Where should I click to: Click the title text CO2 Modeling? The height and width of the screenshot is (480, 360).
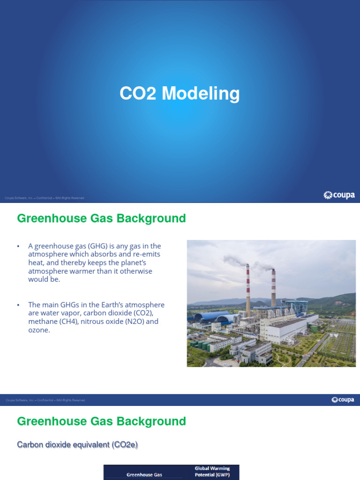coord(180,94)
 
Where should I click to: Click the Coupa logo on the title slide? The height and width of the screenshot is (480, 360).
coord(339,195)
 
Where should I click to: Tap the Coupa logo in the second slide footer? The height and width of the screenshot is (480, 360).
coord(343,400)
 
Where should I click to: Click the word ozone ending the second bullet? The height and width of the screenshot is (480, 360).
coord(38,330)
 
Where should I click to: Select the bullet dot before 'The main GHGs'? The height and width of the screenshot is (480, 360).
coord(18,305)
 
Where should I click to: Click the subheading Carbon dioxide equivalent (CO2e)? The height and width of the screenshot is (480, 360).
coord(77,445)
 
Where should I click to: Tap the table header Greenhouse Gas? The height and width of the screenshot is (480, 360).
coord(144,475)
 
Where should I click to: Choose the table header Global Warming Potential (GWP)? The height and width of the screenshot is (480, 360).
coord(212,472)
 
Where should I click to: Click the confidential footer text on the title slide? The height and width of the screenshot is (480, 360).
coord(45,198)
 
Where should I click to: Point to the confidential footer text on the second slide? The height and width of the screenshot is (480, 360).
coord(45,400)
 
